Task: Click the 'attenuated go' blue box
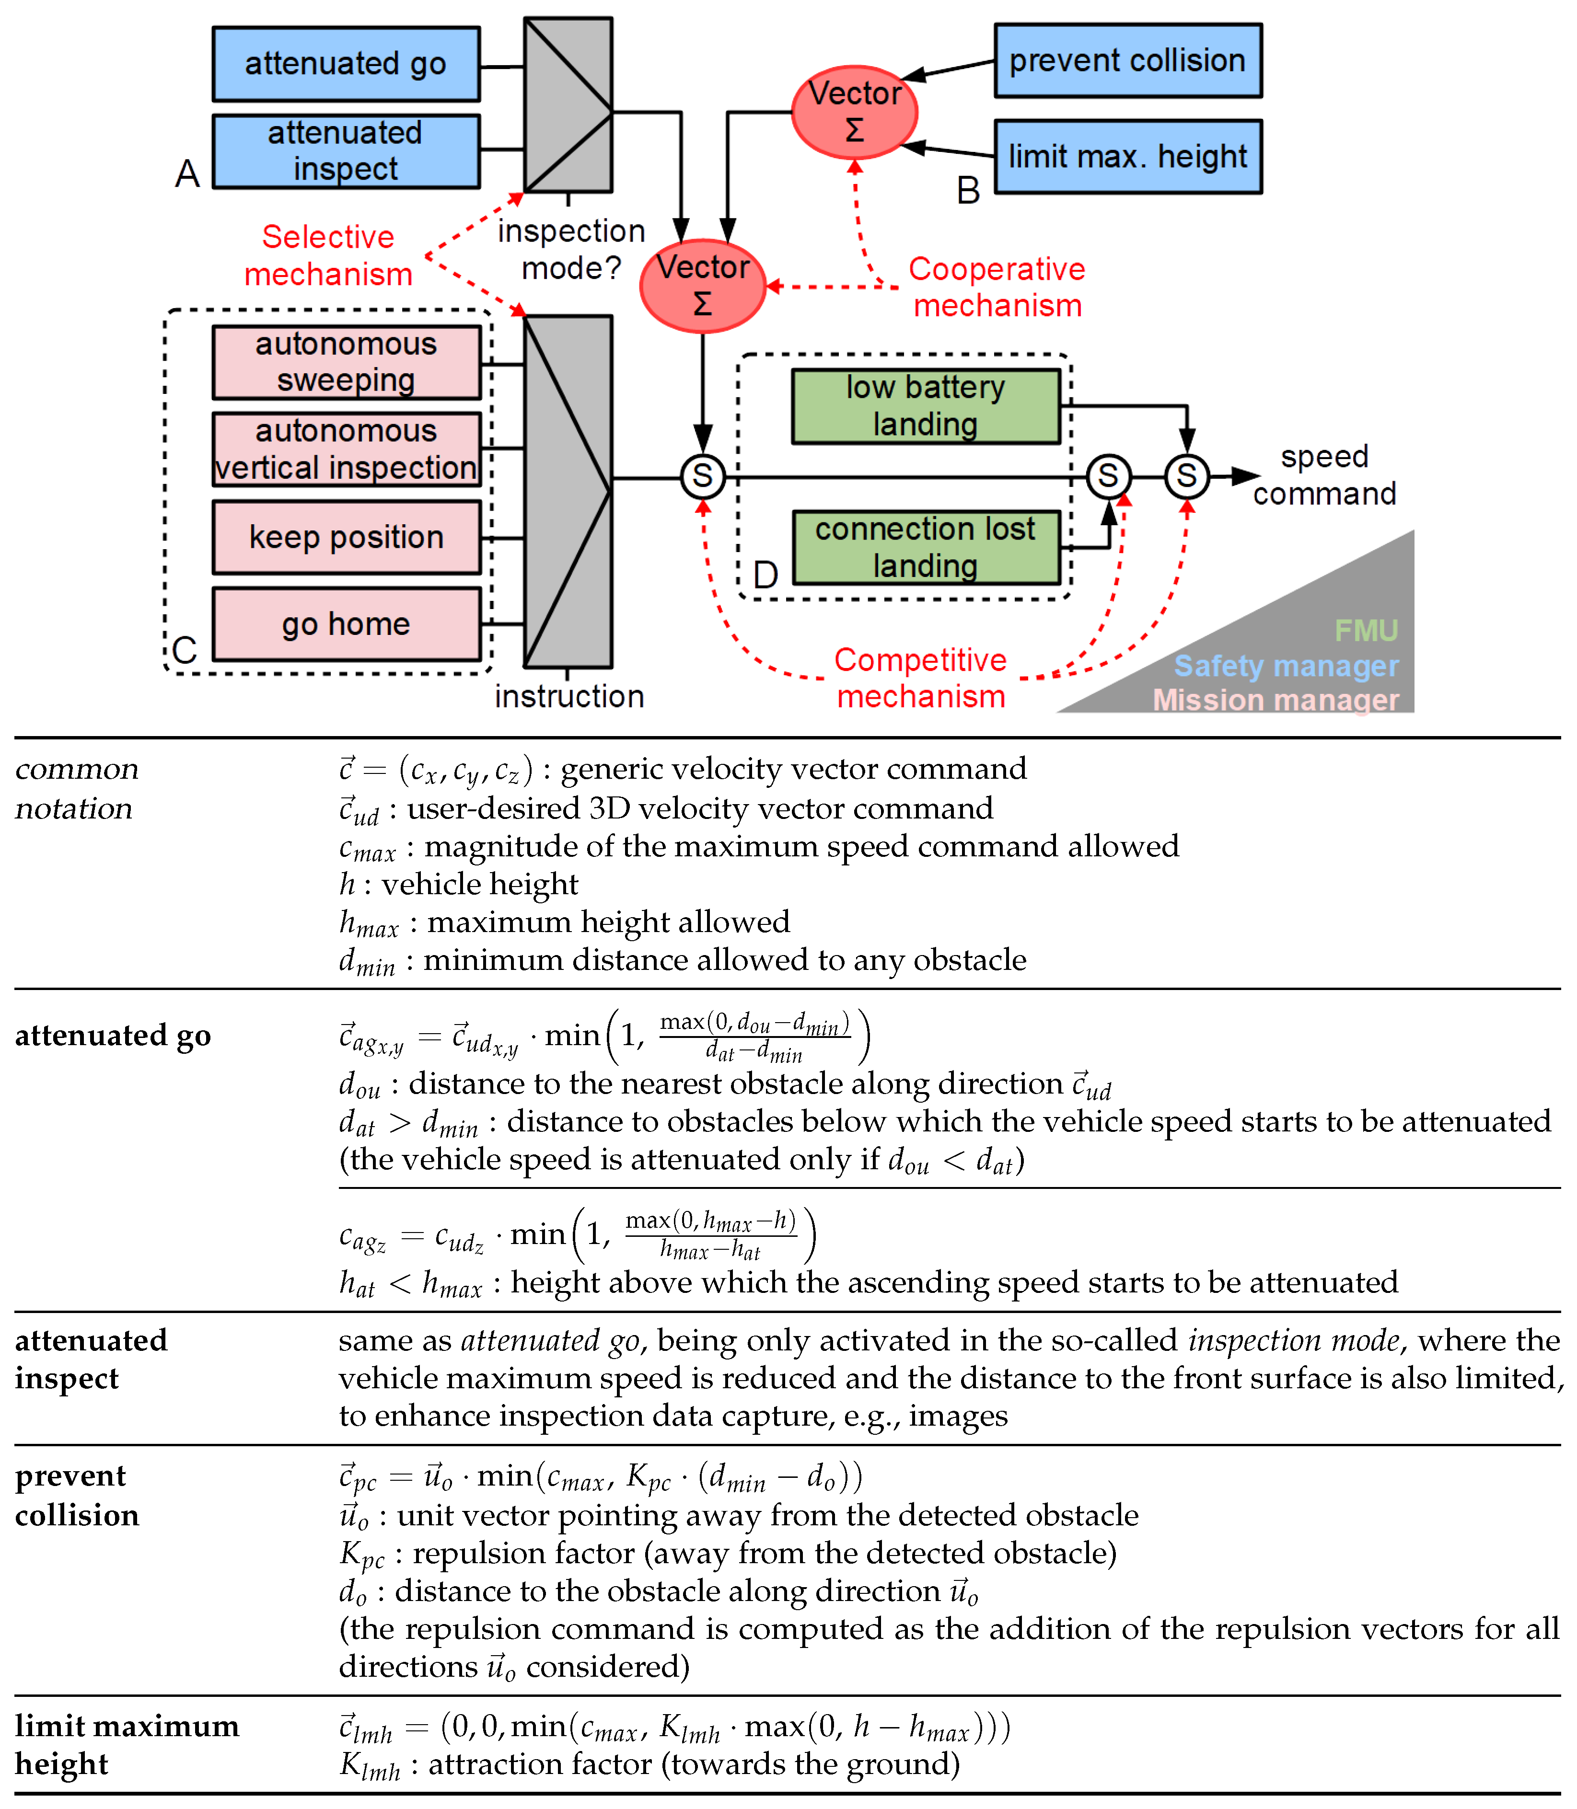pos(346,64)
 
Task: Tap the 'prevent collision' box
pos(1127,61)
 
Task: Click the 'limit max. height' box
pos(1127,157)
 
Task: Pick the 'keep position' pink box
pos(346,537)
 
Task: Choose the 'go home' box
pos(346,624)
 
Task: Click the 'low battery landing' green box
pos(925,405)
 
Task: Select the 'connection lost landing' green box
pos(925,547)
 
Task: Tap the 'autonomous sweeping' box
pos(346,362)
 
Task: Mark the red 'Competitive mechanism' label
pos(920,678)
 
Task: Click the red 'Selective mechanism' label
pos(328,255)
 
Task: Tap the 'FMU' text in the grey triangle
pos(1365,630)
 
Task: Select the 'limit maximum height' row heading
pos(126,1745)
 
